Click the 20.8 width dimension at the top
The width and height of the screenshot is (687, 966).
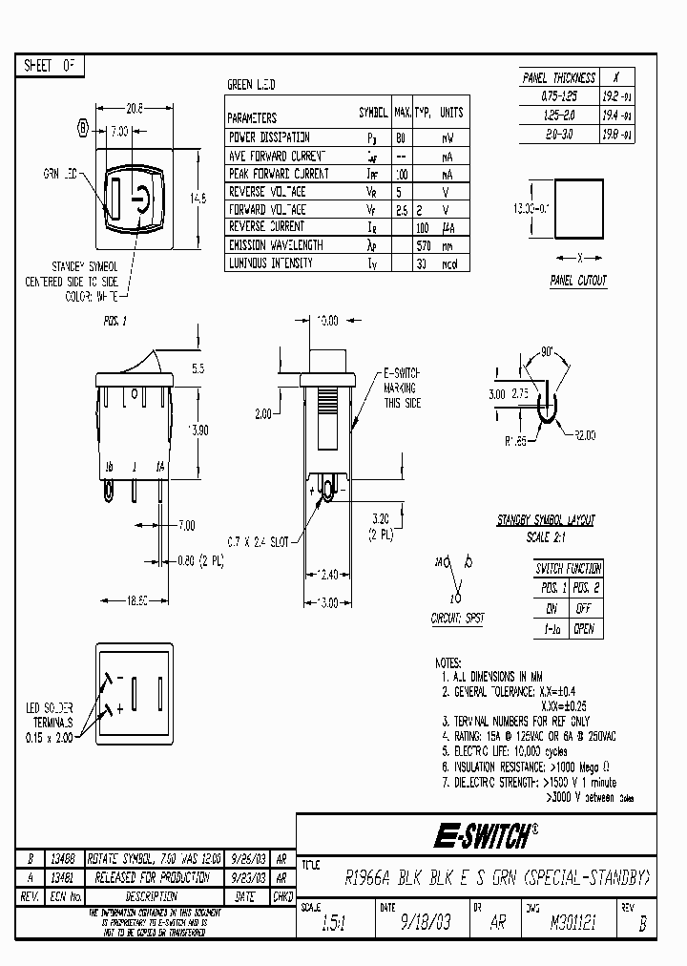coord(135,110)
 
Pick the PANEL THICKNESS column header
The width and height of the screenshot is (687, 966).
coord(559,78)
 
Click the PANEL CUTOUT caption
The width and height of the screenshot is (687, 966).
coord(578,281)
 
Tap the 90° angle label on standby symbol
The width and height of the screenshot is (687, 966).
coord(548,352)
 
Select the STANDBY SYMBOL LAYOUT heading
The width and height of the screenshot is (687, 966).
coord(545,520)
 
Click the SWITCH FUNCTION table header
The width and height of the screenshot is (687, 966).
coord(569,568)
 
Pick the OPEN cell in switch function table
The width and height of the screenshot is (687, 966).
coord(584,629)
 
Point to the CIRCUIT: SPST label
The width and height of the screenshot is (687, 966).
coord(457,619)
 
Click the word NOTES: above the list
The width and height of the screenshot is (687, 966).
coord(448,661)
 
